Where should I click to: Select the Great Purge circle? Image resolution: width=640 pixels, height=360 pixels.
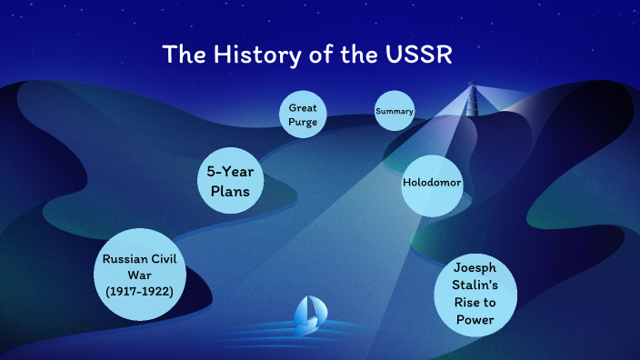(302, 115)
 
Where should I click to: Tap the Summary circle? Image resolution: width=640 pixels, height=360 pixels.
(395, 112)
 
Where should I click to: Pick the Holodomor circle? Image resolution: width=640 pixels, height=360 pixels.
(432, 183)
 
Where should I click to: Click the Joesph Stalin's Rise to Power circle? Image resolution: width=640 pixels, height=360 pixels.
(475, 294)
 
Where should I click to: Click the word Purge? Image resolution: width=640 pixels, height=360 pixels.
(302, 122)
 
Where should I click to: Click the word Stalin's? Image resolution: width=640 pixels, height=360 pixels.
(475, 285)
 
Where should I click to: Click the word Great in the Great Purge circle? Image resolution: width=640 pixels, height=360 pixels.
(302, 107)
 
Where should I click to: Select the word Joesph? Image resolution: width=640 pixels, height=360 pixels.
(475, 268)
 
